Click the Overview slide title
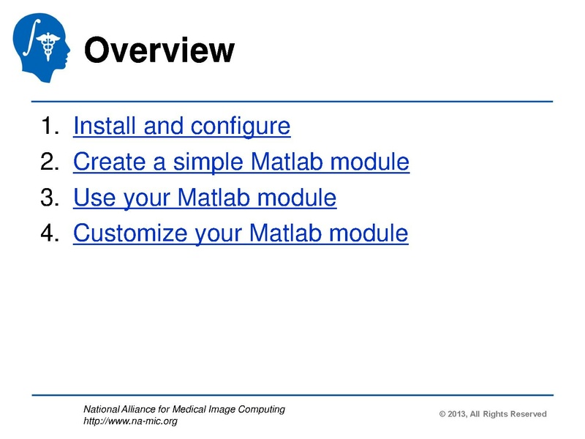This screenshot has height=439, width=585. pyautogui.click(x=159, y=51)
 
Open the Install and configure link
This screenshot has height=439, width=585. pyautogui.click(x=181, y=127)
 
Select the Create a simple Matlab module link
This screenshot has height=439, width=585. pyautogui.click(x=241, y=162)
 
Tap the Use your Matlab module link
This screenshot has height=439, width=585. pyautogui.click(x=205, y=198)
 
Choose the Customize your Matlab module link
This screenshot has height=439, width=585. pyautogui.click(x=241, y=233)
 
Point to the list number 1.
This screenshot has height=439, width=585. pyautogui.click(x=48, y=127)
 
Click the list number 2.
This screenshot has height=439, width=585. pyautogui.click(x=48, y=162)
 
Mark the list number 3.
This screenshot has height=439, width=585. pyautogui.click(x=48, y=198)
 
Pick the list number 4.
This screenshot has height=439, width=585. pyautogui.click(x=48, y=233)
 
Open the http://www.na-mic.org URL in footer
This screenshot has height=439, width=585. pyautogui.click(x=130, y=421)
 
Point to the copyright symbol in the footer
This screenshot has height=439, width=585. pyautogui.click(x=442, y=414)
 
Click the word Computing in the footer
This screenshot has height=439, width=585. pyautogui.click(x=263, y=409)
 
